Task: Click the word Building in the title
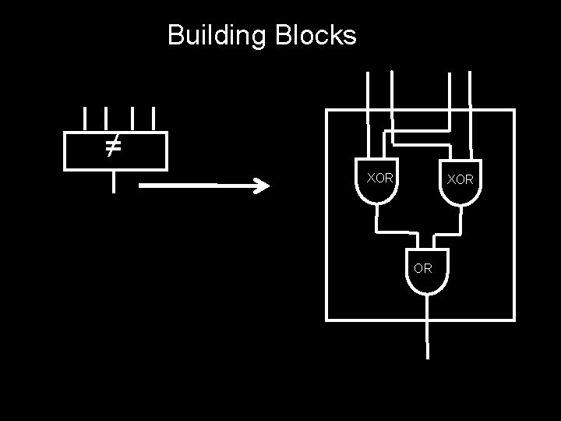(x=216, y=35)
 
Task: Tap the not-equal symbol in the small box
(x=113, y=145)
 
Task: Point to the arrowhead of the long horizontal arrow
(x=262, y=186)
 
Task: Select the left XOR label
(x=380, y=178)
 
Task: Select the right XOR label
(x=460, y=179)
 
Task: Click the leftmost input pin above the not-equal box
(x=84, y=119)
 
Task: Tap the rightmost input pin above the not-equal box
(x=153, y=119)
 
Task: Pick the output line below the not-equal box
(x=114, y=181)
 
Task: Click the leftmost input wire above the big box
(x=369, y=90)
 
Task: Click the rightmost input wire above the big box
(x=471, y=90)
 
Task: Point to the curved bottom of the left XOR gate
(x=376, y=198)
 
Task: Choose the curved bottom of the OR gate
(x=427, y=290)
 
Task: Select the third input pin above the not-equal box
(x=133, y=119)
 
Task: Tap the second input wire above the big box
(x=391, y=90)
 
